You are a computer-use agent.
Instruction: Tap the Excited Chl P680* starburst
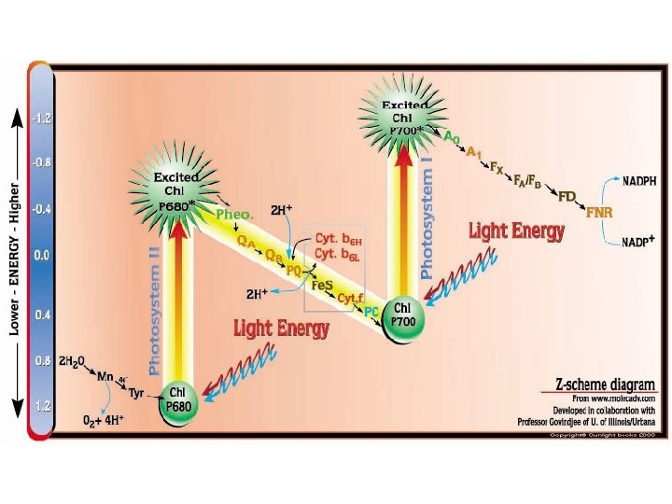174,186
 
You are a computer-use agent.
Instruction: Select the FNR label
599,213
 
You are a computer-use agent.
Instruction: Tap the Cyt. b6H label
332,239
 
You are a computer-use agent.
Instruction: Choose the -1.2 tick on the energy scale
41,119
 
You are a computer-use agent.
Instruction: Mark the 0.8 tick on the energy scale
42,360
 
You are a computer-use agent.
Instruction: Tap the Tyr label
138,393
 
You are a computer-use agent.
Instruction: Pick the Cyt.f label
349,298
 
